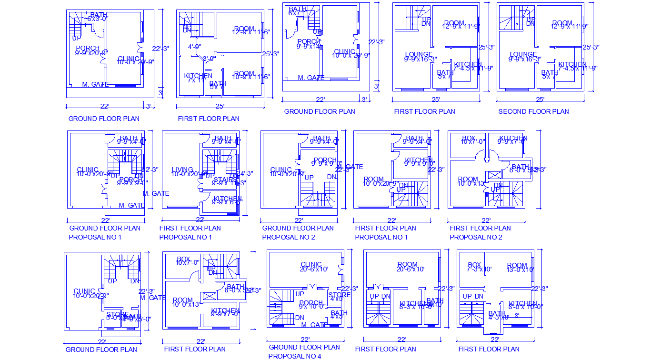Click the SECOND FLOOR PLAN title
pyautogui.click(x=533, y=111)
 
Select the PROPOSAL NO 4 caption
pyautogui.click(x=294, y=356)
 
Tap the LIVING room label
pyautogui.click(x=182, y=170)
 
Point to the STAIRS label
pyautogui.click(x=223, y=180)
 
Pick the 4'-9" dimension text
pyautogui.click(x=194, y=47)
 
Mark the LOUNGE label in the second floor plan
pyautogui.click(x=523, y=55)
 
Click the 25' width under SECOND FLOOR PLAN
pyautogui.click(x=540, y=100)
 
